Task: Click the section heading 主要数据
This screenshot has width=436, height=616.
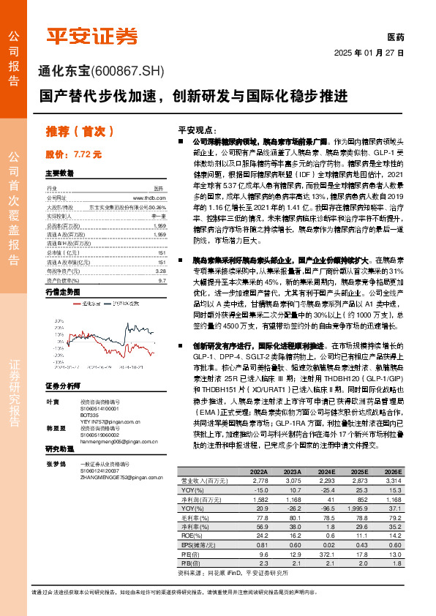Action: coord(59,173)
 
